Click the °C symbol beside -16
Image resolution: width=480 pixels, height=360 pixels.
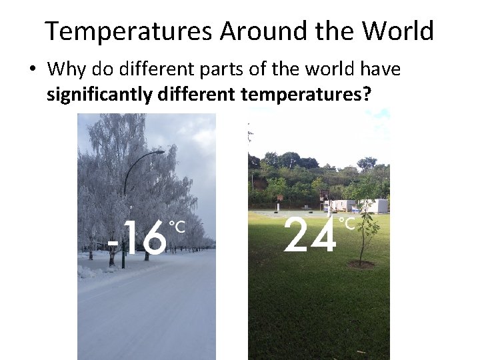177,227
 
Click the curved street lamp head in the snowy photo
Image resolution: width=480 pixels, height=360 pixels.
158,152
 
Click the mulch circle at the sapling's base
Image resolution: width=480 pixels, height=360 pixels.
361,265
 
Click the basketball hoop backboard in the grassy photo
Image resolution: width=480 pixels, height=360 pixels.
324,195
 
